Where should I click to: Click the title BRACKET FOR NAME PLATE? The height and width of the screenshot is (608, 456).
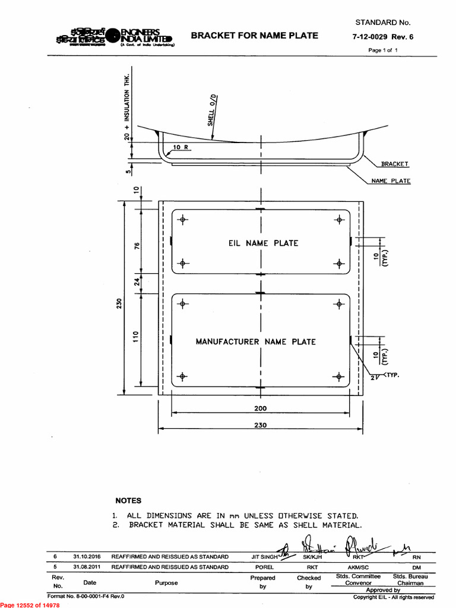[254, 36]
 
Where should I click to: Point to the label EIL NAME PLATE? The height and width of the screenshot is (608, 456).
[263, 243]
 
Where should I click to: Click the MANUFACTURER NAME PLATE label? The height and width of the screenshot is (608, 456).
[256, 341]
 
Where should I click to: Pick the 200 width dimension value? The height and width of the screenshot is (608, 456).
[260, 408]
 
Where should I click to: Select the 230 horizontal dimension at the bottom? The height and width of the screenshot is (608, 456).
[260, 425]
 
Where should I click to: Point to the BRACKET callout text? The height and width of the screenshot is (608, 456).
[395, 164]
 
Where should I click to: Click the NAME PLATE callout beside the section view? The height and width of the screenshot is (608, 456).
[391, 180]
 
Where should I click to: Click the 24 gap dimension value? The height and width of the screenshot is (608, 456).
[135, 284]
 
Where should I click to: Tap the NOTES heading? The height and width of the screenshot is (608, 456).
[128, 501]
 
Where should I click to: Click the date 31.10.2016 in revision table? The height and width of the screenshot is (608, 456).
[87, 557]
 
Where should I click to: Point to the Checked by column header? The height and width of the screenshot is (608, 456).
[309, 582]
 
